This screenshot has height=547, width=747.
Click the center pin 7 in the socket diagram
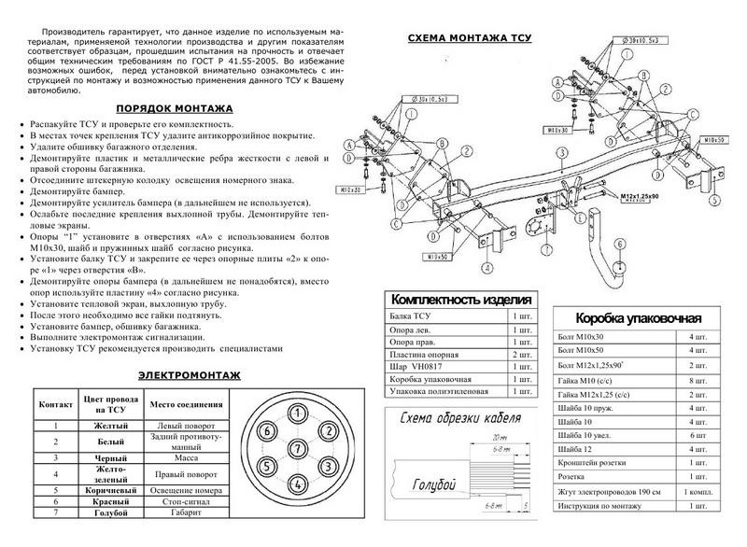(295, 446)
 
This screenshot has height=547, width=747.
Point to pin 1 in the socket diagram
(295, 414)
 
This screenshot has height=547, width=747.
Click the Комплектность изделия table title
(460, 301)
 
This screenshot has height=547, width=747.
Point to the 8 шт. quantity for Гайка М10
(693, 381)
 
